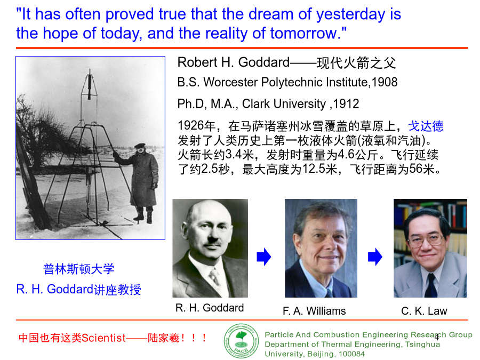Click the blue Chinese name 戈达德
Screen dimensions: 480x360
[x=426, y=126]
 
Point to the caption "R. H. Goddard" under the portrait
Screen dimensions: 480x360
[x=210, y=308]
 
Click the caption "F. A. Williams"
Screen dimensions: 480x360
[x=314, y=311]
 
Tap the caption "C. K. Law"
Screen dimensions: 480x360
[x=424, y=311]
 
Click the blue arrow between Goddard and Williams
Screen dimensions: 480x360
[x=264, y=257]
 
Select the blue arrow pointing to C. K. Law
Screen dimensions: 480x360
[x=375, y=257]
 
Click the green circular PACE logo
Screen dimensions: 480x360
[x=241, y=341]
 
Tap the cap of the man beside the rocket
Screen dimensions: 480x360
[x=140, y=146]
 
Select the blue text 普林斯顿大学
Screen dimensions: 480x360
[x=79, y=269]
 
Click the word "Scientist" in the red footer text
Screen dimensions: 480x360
[x=104, y=338]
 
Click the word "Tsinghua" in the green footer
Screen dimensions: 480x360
[x=423, y=345]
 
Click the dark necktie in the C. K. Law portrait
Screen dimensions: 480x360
[x=431, y=285]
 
